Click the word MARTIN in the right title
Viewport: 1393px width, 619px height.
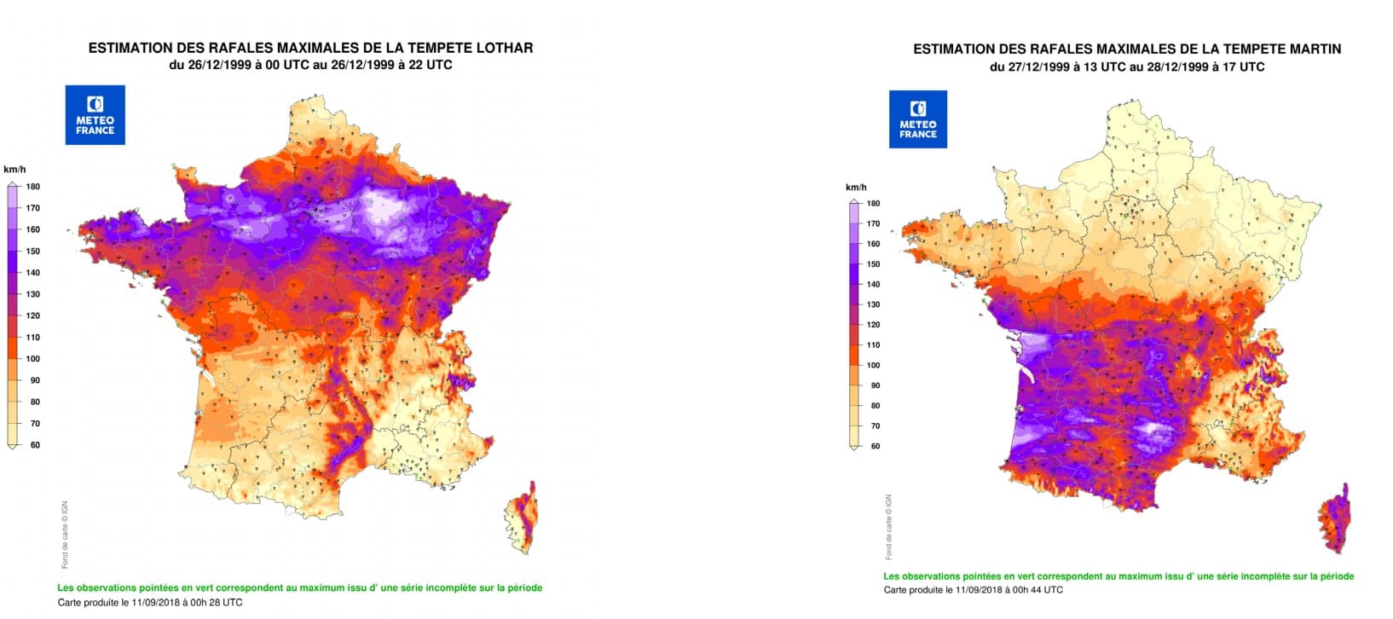coord(1312,49)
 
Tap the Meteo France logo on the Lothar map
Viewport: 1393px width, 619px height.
coord(95,115)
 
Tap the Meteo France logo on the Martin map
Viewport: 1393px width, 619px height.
coord(918,119)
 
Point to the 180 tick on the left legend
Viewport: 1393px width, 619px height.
coord(33,187)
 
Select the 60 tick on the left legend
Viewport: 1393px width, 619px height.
coord(34,445)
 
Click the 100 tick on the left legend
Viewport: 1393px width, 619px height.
coord(33,359)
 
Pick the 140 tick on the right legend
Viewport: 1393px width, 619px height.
coord(874,285)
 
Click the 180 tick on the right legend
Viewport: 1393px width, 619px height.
coord(874,204)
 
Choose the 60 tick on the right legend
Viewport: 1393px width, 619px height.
coord(875,447)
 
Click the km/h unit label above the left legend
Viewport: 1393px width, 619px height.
coord(14,170)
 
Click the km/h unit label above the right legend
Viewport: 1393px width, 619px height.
coord(856,188)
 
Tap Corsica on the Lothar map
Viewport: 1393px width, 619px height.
coord(522,520)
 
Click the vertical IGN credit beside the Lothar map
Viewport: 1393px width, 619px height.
coord(65,535)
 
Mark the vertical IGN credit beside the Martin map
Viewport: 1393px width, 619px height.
coord(888,527)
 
